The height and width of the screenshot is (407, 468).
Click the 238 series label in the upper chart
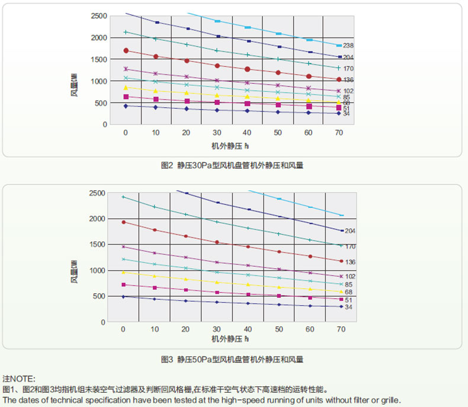(x=348, y=46)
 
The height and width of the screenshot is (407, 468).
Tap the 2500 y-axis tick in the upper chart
(x=99, y=15)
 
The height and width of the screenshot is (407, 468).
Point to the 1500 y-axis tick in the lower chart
(x=99, y=245)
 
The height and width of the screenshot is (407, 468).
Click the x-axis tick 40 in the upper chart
(x=246, y=133)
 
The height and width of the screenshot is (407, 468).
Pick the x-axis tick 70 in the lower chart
(x=341, y=329)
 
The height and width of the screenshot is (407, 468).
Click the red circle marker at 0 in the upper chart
(x=126, y=50)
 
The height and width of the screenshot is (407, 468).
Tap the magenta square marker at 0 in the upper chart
(x=126, y=97)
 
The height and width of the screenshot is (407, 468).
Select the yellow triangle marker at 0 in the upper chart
(x=126, y=88)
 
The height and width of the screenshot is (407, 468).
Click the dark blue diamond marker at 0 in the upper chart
(x=126, y=106)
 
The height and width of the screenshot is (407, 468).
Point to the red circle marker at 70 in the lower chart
(x=341, y=261)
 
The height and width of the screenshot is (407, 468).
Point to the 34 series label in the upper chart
(x=347, y=114)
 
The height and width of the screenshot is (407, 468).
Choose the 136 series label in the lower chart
(x=350, y=262)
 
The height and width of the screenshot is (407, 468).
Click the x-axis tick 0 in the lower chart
(x=123, y=329)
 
